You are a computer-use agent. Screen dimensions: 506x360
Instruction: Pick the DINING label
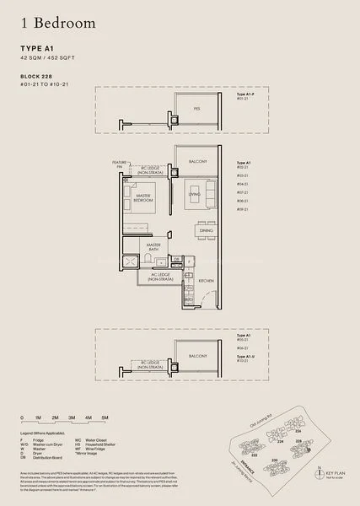[206, 230]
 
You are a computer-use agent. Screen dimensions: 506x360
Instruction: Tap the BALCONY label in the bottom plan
[196, 356]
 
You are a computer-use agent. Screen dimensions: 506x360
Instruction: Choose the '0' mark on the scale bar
[23, 417]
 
